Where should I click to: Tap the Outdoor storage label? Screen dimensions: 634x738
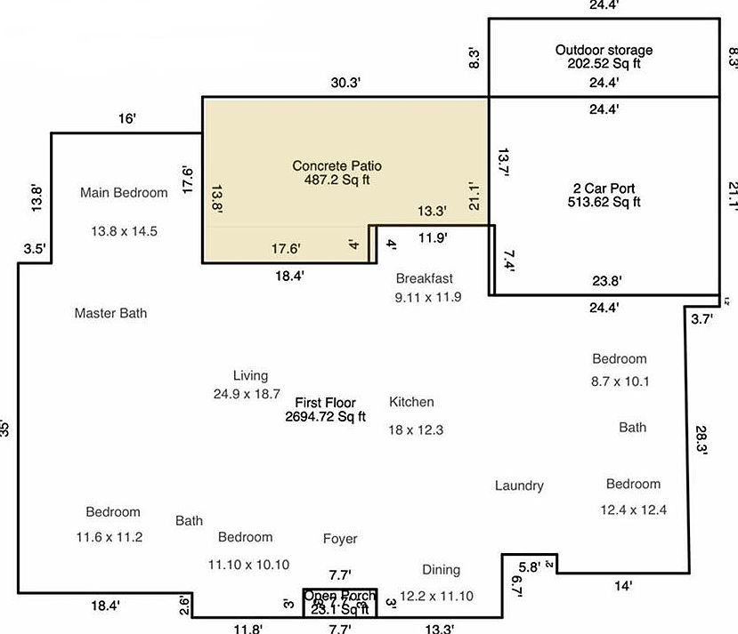[x=604, y=50]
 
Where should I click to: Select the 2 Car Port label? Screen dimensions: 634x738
[x=604, y=188]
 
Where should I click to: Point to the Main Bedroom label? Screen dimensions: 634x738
[x=124, y=192]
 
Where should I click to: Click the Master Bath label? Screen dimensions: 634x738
[x=110, y=313]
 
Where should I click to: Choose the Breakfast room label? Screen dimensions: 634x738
[x=425, y=278]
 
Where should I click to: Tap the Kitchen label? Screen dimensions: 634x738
[x=411, y=402]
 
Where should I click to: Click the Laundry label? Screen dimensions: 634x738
[x=519, y=486]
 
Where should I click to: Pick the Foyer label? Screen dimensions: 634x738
[x=340, y=539]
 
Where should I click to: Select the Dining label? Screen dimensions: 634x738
[x=442, y=570]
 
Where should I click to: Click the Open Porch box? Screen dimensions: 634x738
[x=340, y=602]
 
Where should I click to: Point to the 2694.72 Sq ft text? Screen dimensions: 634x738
[x=325, y=416]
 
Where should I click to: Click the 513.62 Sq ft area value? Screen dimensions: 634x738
[x=604, y=202]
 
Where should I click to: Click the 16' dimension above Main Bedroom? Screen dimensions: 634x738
[x=127, y=118]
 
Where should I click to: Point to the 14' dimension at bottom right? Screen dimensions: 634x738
[x=623, y=586]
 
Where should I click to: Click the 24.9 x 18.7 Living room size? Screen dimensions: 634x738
[x=247, y=393]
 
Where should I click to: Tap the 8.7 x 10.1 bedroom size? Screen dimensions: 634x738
[x=620, y=382]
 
